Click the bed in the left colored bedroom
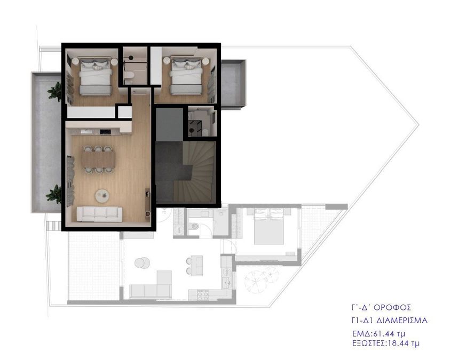click(x=96, y=77)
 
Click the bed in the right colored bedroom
click(x=186, y=76)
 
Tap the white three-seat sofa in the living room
click(x=99, y=214)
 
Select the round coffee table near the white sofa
click(x=102, y=195)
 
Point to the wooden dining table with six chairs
click(x=99, y=159)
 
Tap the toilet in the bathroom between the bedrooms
click(x=129, y=76)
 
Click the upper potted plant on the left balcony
click(x=55, y=92)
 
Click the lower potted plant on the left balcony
click(x=54, y=194)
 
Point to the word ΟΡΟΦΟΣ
click(x=392, y=307)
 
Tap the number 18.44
click(x=399, y=343)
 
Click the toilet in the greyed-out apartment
click(x=195, y=227)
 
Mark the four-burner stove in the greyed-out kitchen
click(x=203, y=295)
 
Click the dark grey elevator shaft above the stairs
click(x=169, y=124)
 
